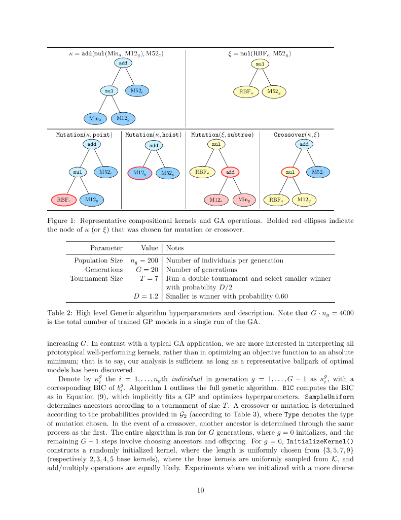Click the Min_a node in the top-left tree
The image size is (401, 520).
(x=94, y=118)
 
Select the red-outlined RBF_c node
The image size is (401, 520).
(x=63, y=200)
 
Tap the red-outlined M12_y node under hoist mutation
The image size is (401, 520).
(x=139, y=173)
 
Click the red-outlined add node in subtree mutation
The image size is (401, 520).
(x=230, y=172)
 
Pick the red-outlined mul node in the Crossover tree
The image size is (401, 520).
(x=290, y=172)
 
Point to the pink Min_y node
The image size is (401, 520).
(x=244, y=200)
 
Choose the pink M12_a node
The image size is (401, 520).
(x=216, y=200)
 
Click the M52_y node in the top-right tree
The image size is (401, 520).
(x=274, y=91)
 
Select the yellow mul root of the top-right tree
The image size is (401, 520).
(x=260, y=64)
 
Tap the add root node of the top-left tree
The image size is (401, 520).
(x=123, y=63)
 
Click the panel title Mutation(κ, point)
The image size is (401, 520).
(x=84, y=135)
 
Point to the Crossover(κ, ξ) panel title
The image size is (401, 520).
(x=297, y=135)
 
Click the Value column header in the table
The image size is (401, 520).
(x=150, y=248)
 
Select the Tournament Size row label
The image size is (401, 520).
(x=96, y=278)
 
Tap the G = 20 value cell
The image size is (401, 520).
(x=147, y=270)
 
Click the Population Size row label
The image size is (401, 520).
(x=98, y=261)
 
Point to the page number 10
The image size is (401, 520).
(x=200, y=490)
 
